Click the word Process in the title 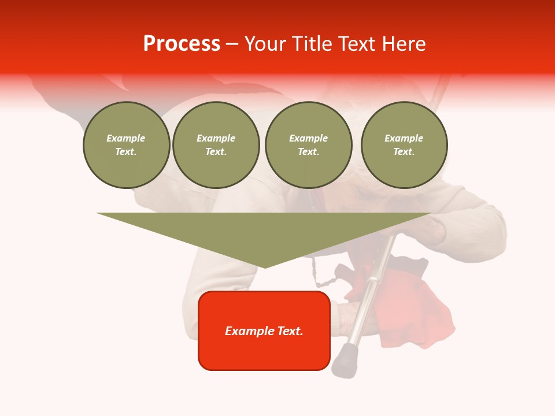[x=182, y=43]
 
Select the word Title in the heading [x=311, y=43]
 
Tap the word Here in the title [x=403, y=43]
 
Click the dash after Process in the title [x=232, y=44]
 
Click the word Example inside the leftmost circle [x=126, y=138]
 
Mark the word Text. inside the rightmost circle [x=404, y=151]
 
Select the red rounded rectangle [x=264, y=352]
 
